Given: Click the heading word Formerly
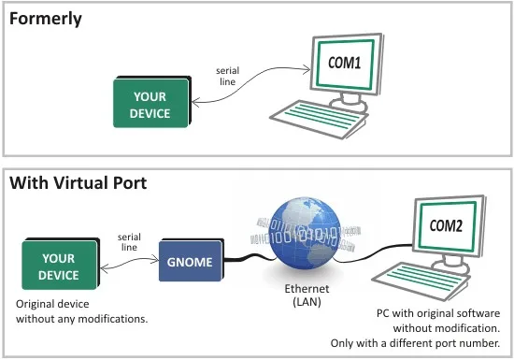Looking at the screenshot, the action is point(46,19).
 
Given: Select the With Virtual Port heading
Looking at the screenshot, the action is point(78,183).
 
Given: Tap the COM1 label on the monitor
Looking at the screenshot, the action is point(345,63).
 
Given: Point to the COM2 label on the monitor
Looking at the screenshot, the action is point(446,225).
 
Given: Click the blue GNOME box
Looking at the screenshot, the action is point(191,260).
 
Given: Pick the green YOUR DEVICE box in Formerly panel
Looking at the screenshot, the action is point(151,102).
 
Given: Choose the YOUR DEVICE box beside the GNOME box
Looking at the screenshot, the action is point(61,265).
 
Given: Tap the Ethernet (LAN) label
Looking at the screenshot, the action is point(307,295).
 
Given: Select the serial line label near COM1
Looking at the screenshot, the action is point(227,76).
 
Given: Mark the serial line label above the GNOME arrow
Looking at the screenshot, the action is point(129,242).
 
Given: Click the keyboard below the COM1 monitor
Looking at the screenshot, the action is point(319,119).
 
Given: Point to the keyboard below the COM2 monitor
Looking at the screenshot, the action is point(421,281).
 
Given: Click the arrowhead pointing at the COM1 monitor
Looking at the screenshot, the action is point(307,69).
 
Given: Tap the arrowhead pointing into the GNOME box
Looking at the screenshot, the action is point(155,260).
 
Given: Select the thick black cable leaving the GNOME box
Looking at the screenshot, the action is point(248,257).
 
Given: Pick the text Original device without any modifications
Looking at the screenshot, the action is point(82,311).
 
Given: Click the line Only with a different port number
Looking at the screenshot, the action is point(415,343).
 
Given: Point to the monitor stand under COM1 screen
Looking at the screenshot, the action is point(350,102).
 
